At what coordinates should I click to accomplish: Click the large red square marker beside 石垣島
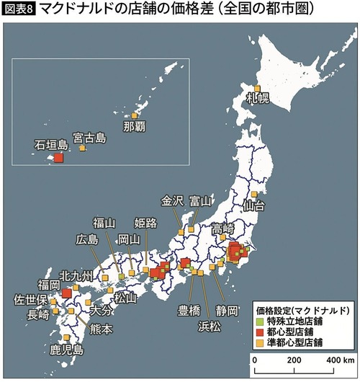[59, 157]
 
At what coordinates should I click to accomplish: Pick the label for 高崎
[225, 228]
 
